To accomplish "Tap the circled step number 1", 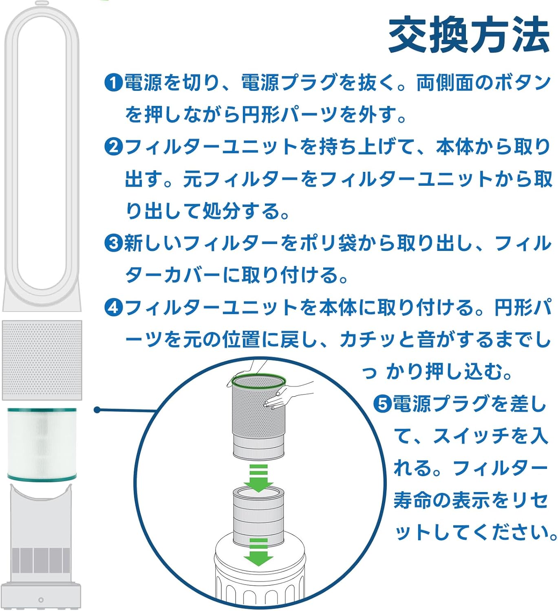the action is click(x=113, y=83).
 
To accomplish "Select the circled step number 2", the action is click(x=113, y=147).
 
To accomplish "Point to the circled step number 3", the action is click(x=113, y=243).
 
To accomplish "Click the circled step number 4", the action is click(x=113, y=308).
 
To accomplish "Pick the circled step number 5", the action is click(x=382, y=404).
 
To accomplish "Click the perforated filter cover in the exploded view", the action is click(x=42, y=360).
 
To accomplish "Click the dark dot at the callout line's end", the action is click(x=97, y=410).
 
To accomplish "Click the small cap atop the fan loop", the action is click(x=42, y=3).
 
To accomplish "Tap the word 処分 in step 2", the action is click(x=221, y=211).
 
